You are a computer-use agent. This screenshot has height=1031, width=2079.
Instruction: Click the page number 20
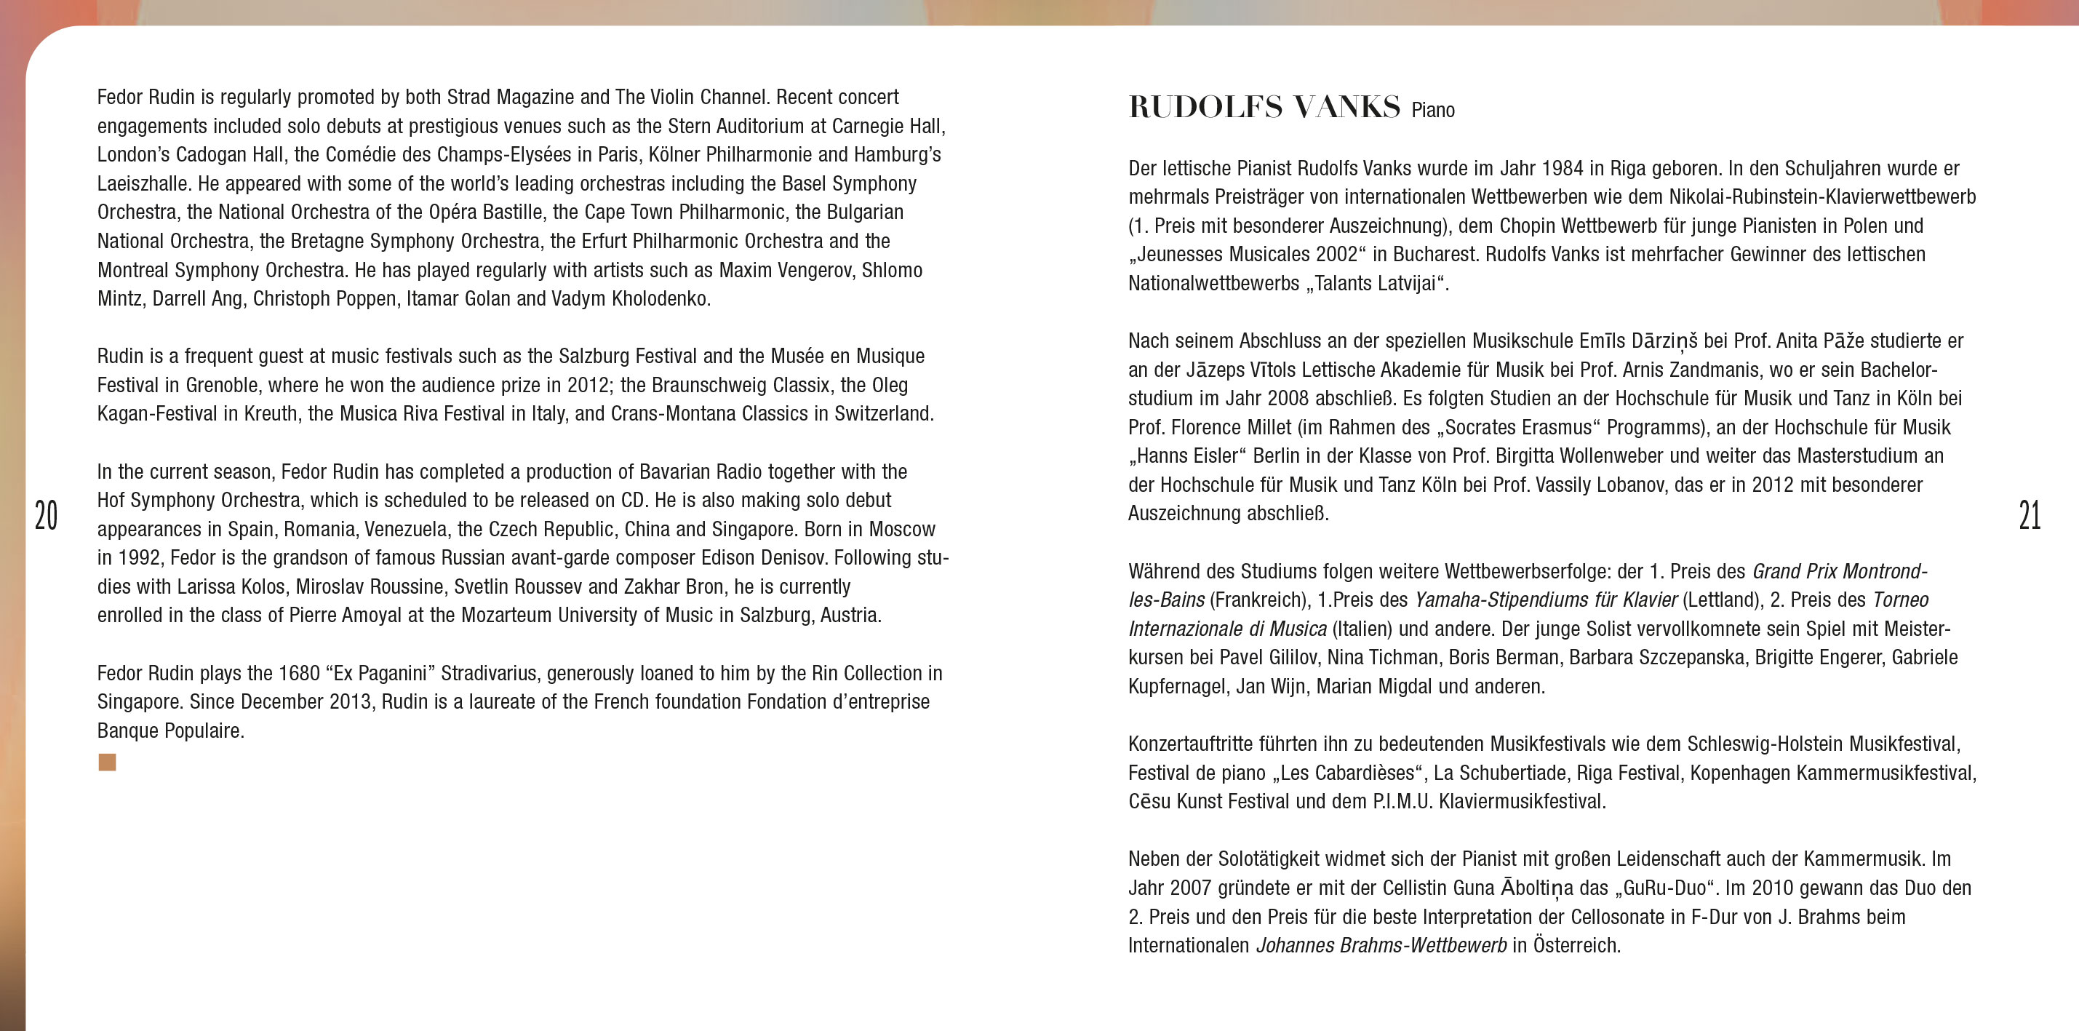46,515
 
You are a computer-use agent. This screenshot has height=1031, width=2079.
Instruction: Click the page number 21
2029,515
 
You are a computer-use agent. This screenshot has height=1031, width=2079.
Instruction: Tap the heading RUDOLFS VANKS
1264,108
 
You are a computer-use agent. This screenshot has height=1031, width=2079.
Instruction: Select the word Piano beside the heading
1432,111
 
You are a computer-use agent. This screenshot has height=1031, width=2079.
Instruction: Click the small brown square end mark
108,762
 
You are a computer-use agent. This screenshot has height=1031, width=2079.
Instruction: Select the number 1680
300,673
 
